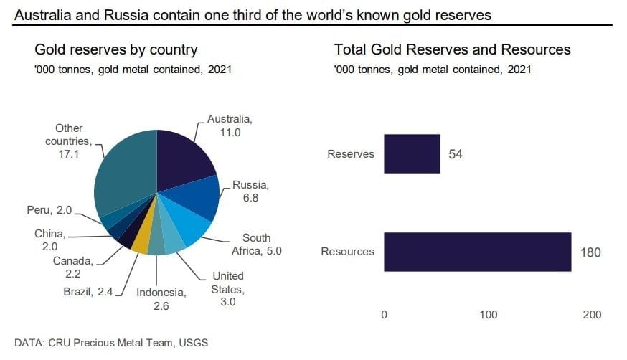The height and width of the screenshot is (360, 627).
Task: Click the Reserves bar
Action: point(412,153)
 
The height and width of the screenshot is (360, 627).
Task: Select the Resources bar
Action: point(478,252)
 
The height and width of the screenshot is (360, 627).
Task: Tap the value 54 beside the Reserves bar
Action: point(456,153)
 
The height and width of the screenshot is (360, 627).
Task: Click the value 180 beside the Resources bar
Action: point(591,252)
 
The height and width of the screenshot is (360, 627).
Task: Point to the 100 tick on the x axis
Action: point(489,315)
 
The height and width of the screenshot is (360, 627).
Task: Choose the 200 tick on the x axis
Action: point(592,315)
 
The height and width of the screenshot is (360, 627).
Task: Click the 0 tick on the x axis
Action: point(385,315)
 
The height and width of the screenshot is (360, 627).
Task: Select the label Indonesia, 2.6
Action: point(162,298)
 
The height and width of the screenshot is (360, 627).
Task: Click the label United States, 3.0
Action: point(227,288)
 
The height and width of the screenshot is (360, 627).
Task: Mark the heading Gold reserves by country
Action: point(116,50)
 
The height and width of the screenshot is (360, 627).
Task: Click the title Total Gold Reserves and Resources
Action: point(452,50)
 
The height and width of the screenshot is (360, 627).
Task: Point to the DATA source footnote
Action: point(111,343)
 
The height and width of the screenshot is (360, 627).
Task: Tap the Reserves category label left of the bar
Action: point(351,153)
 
